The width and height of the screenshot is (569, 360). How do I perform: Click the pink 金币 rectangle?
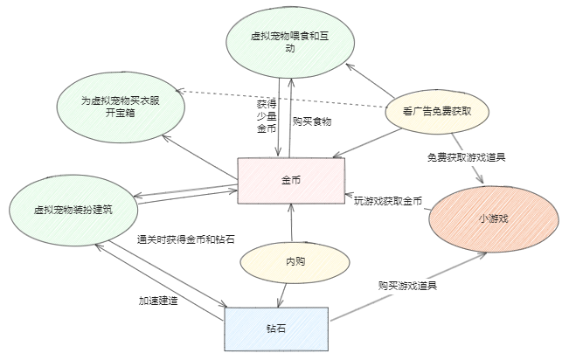(x=291, y=180)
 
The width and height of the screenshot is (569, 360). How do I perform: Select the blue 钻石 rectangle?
(x=276, y=329)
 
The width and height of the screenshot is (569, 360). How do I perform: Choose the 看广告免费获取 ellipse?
(x=437, y=111)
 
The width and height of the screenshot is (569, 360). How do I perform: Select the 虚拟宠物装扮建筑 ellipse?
(x=73, y=210)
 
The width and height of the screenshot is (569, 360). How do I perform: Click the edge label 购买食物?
(x=312, y=121)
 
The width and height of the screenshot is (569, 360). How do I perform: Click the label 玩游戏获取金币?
(x=388, y=201)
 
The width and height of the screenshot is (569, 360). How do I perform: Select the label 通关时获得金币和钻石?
(x=186, y=239)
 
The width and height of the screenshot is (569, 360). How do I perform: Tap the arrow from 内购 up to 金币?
(x=291, y=223)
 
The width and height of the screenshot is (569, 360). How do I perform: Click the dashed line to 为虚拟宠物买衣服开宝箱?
(x=288, y=97)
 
